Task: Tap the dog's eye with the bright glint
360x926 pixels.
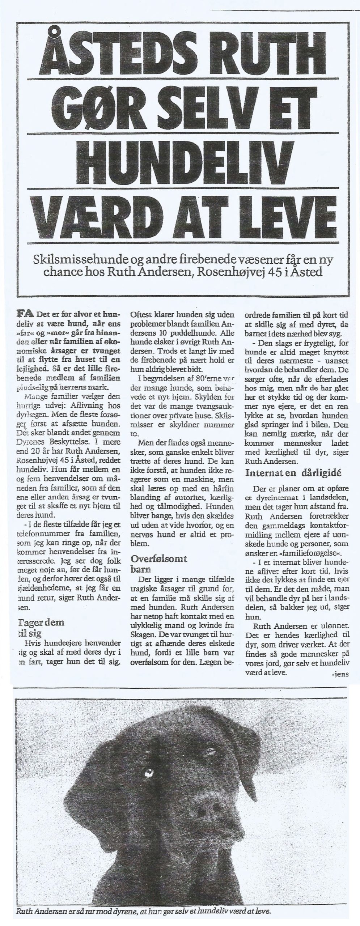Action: tap(148, 772)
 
